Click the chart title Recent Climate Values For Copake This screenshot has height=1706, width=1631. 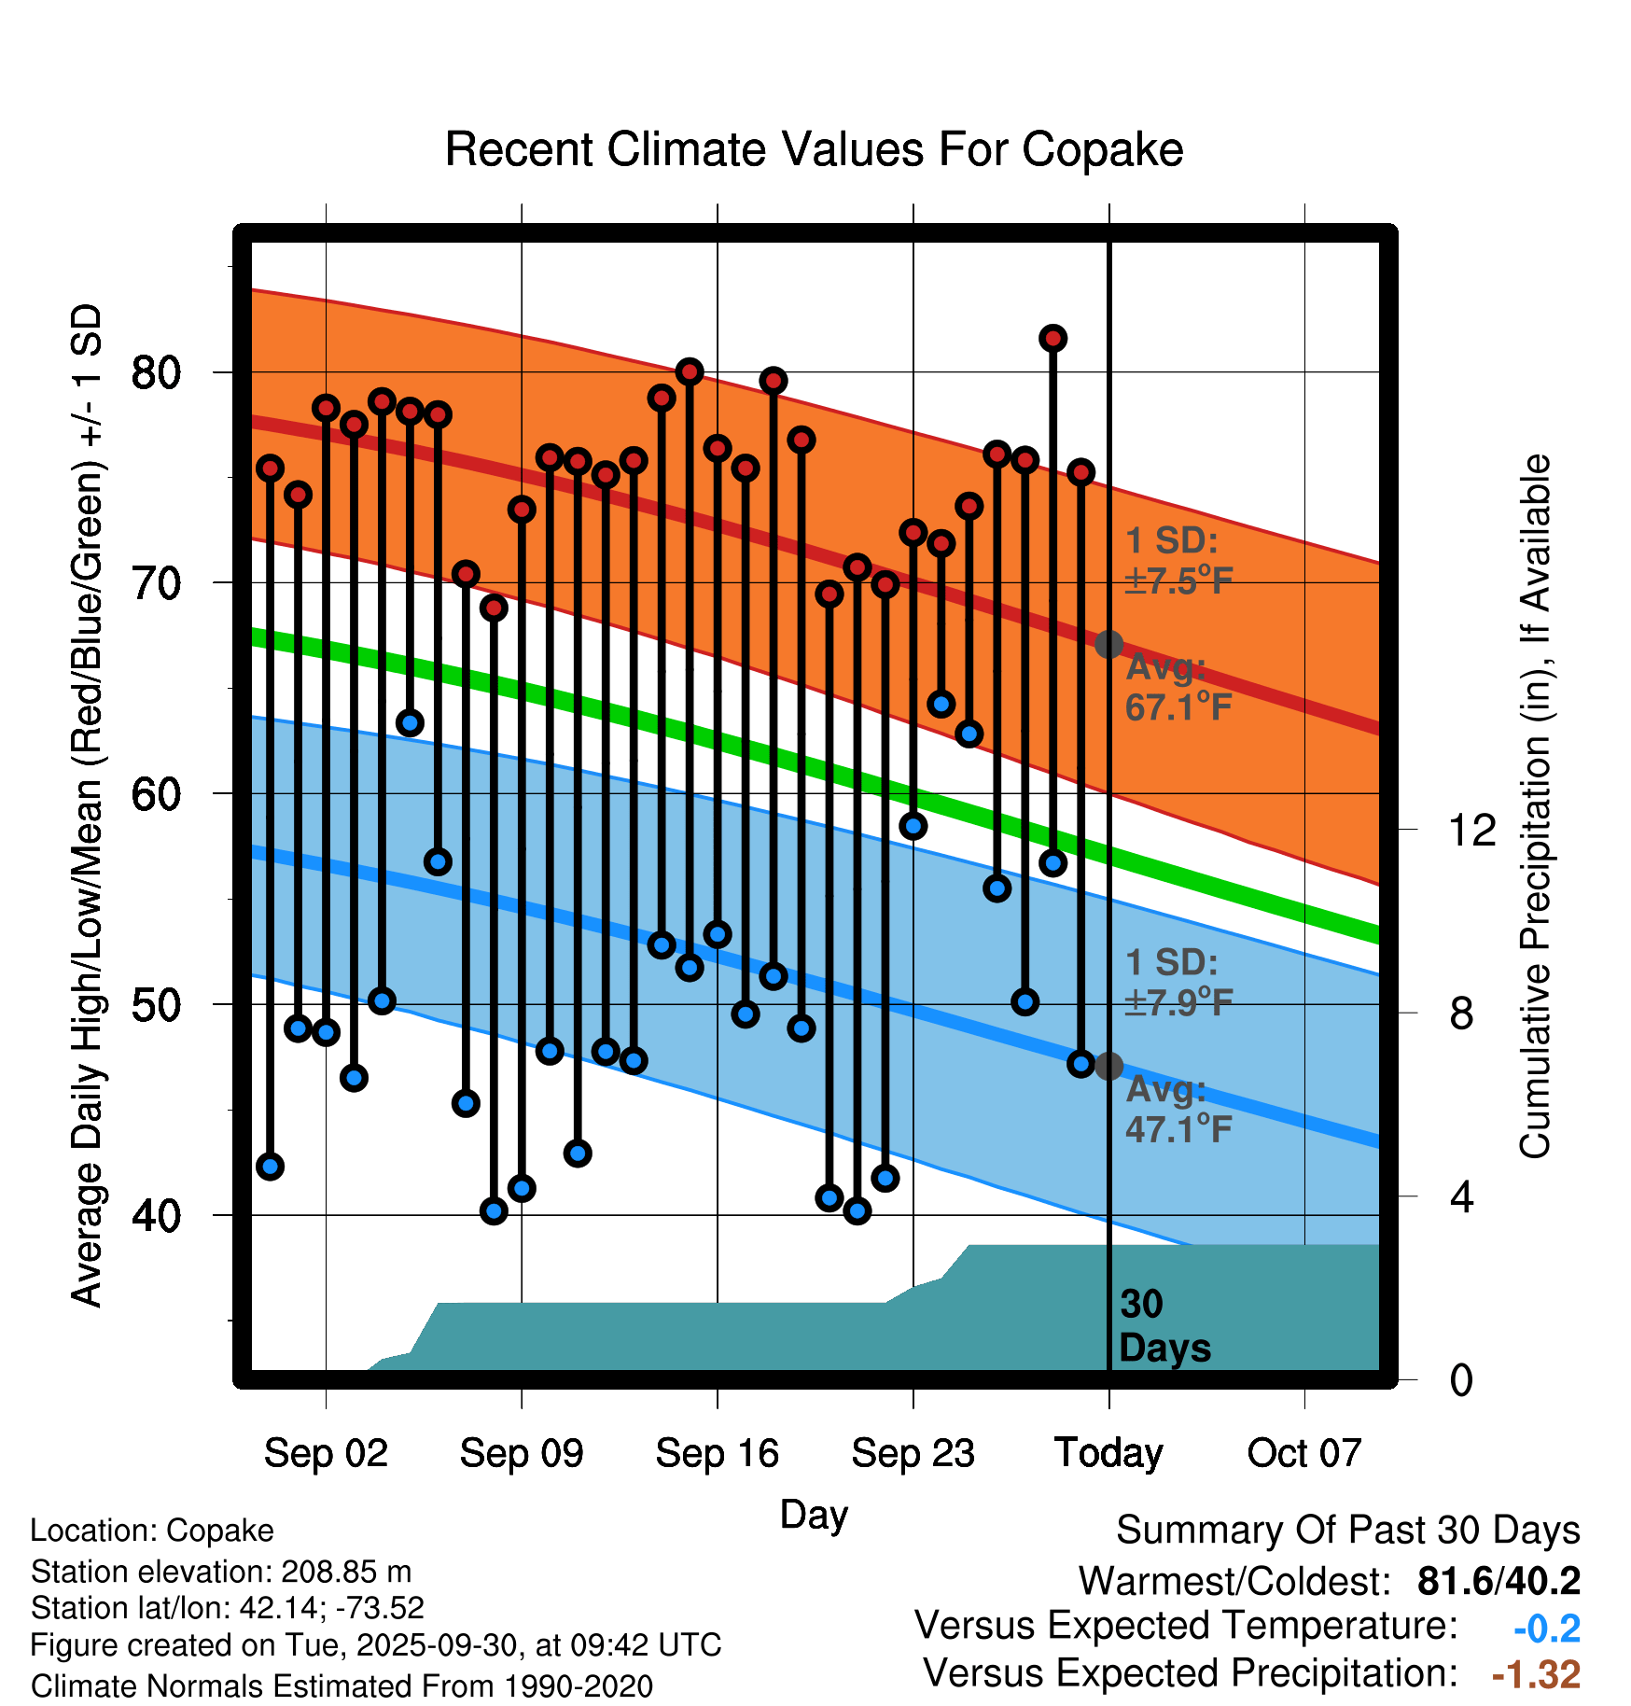coord(814,149)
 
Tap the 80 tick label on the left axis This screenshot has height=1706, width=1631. coord(156,372)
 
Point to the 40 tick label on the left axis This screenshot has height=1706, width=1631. coord(156,1216)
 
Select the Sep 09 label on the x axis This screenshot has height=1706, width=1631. coord(522,1453)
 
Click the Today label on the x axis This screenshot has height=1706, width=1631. coord(1108,1453)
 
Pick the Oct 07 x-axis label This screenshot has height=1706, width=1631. coord(1304,1453)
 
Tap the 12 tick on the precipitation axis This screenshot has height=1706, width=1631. coord(1471,830)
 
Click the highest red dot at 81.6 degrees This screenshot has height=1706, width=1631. coord(1053,338)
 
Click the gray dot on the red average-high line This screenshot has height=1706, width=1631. coord(1108,644)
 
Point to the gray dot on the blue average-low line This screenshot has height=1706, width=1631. coord(1108,1066)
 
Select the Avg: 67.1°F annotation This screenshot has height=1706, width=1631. coord(1178,688)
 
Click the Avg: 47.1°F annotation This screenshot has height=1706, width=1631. coord(1178,1110)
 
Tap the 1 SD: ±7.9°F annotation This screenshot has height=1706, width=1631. coord(1178,983)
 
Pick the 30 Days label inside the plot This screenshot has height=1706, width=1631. coord(1164,1326)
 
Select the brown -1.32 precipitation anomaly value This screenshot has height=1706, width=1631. coord(1536,1674)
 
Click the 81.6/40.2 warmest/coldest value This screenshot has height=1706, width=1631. coord(1499,1581)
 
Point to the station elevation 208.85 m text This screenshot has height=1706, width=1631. coord(220,1572)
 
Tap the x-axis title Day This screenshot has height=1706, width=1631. coord(814,1514)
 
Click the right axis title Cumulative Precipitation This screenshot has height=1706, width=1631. coord(1535,806)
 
